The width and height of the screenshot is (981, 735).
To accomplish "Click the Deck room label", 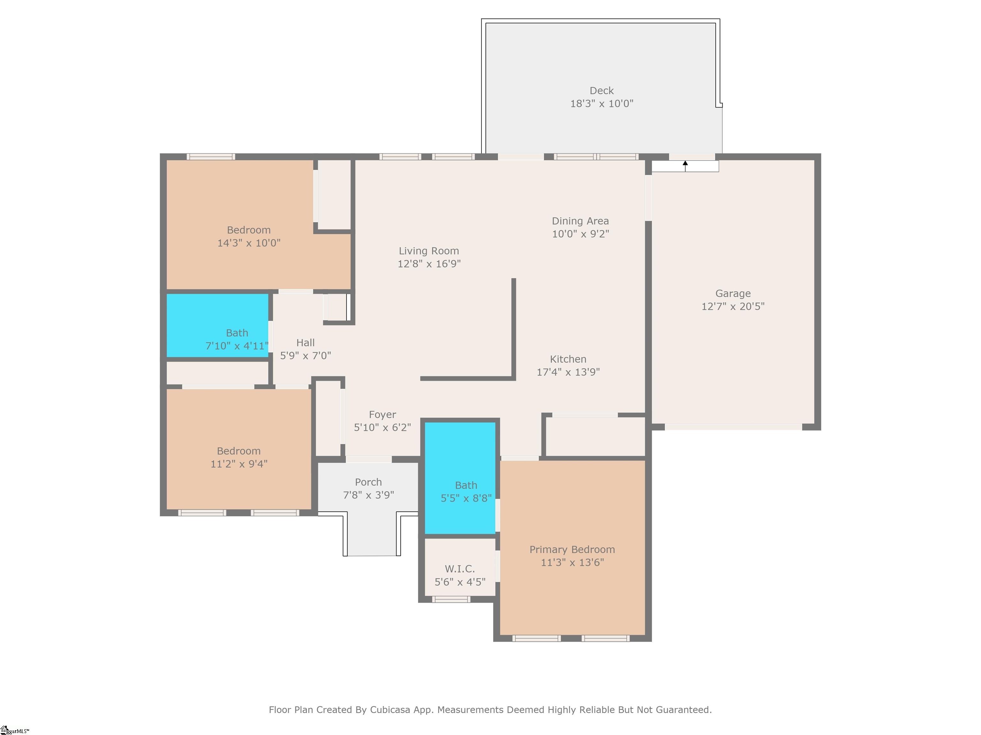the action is [x=601, y=91].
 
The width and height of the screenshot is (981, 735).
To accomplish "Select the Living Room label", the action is [x=429, y=251].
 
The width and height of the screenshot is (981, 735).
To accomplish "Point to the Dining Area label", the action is [x=580, y=221].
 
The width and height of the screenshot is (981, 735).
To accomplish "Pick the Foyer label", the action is [x=382, y=415].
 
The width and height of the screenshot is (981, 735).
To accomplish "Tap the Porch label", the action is [x=368, y=482].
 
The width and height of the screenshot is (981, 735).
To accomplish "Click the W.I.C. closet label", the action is [x=460, y=569].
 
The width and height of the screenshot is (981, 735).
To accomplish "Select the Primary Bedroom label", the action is [x=572, y=549].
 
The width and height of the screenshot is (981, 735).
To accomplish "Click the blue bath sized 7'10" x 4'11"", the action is [x=217, y=325].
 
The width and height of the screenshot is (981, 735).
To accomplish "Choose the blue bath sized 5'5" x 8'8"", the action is [x=460, y=478].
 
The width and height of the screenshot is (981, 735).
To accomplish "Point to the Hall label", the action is [x=306, y=343].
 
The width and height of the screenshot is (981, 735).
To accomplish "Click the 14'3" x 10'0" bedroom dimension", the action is [x=249, y=243].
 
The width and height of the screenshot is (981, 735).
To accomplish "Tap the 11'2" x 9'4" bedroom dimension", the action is [x=239, y=464].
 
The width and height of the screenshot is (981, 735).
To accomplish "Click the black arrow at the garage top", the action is [x=685, y=166].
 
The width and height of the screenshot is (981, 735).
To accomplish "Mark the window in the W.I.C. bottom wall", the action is [x=451, y=599].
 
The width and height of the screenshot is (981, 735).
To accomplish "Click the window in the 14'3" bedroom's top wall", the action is [x=211, y=156].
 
